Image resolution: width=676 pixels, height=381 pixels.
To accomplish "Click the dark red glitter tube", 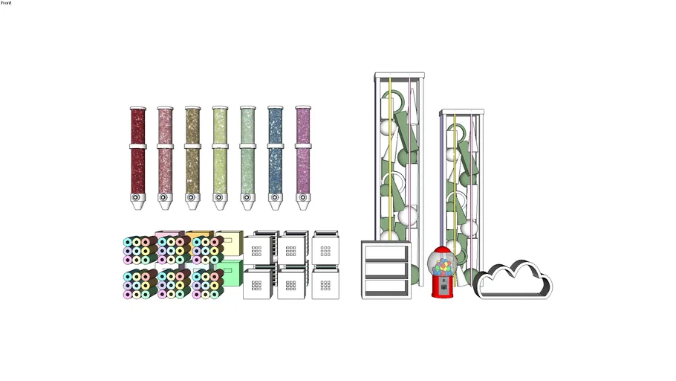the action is click(x=137, y=158).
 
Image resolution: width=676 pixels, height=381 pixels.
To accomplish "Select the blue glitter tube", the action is click(x=275, y=158).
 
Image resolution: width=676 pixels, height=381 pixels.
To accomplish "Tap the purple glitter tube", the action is click(x=303, y=158).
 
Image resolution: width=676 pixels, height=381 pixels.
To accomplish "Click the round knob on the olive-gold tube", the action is click(x=191, y=197).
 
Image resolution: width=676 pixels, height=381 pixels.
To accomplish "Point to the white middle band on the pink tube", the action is click(x=165, y=147).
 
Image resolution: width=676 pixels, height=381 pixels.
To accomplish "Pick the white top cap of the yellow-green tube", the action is click(x=220, y=108).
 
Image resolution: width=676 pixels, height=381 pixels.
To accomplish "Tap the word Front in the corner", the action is click(x=6, y=2).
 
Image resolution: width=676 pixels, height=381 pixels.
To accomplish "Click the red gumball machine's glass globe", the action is click(x=442, y=265).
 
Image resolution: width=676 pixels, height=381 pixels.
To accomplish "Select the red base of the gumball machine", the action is click(x=443, y=288).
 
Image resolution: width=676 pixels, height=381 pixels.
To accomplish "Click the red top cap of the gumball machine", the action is click(x=442, y=250).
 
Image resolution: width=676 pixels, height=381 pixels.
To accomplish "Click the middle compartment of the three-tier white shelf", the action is click(x=386, y=269).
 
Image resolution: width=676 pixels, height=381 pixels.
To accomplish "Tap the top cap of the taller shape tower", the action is click(x=400, y=76).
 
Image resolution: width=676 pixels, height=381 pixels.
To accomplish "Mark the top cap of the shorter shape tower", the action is click(x=462, y=112).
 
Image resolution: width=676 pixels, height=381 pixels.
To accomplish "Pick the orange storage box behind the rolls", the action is click(x=200, y=234).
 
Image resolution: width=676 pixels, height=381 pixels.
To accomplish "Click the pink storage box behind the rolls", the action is click(x=169, y=234).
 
